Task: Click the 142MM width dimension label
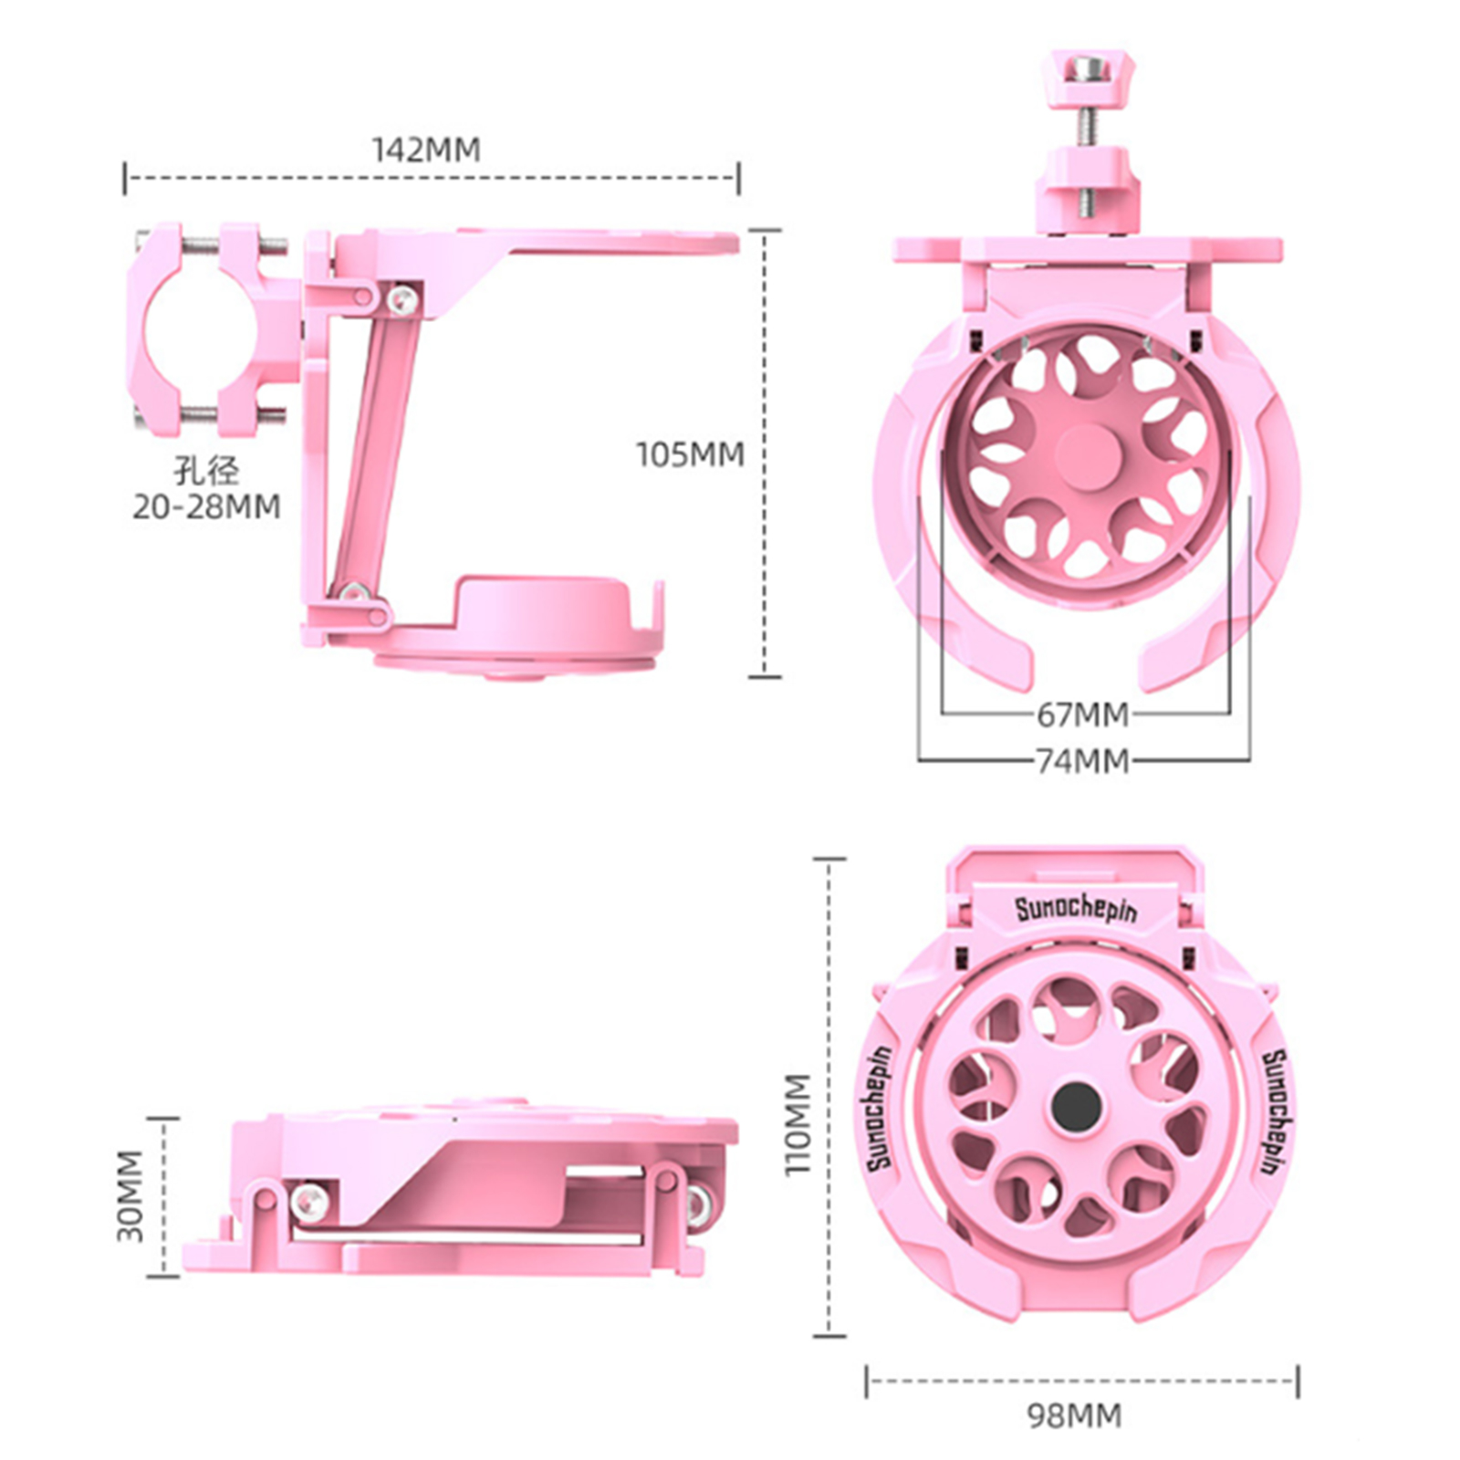point(426,149)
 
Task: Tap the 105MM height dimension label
point(690,454)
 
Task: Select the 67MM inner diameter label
point(1082,714)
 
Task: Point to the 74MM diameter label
point(1082,760)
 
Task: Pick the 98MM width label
point(1074,1415)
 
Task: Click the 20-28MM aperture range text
point(206,506)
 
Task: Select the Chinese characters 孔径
point(206,471)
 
